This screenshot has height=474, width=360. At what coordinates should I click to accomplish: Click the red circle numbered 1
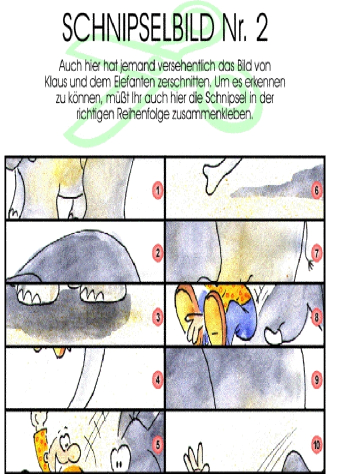coord(158,190)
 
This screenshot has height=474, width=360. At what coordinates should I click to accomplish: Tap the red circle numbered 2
coord(158,253)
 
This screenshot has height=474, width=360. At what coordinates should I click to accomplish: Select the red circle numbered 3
coord(158,317)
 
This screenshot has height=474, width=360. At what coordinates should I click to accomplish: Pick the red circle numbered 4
coord(158,379)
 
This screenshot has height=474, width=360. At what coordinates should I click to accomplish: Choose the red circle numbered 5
coord(158,444)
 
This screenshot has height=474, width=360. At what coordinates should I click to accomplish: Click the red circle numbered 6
coord(316,190)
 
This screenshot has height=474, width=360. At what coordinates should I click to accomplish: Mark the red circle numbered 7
coord(316,253)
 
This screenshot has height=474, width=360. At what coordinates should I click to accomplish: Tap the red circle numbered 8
coord(316,317)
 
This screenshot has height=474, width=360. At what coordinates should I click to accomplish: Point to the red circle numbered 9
coord(316,379)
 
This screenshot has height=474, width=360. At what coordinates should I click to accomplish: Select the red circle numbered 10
coord(316,444)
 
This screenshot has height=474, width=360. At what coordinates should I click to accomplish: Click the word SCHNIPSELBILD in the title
coord(138,27)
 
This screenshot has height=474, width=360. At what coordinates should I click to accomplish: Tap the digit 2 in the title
coord(261,28)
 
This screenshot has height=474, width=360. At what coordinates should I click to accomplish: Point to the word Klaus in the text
coord(55,82)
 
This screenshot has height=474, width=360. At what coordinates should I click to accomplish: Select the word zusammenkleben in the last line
coord(212,115)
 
